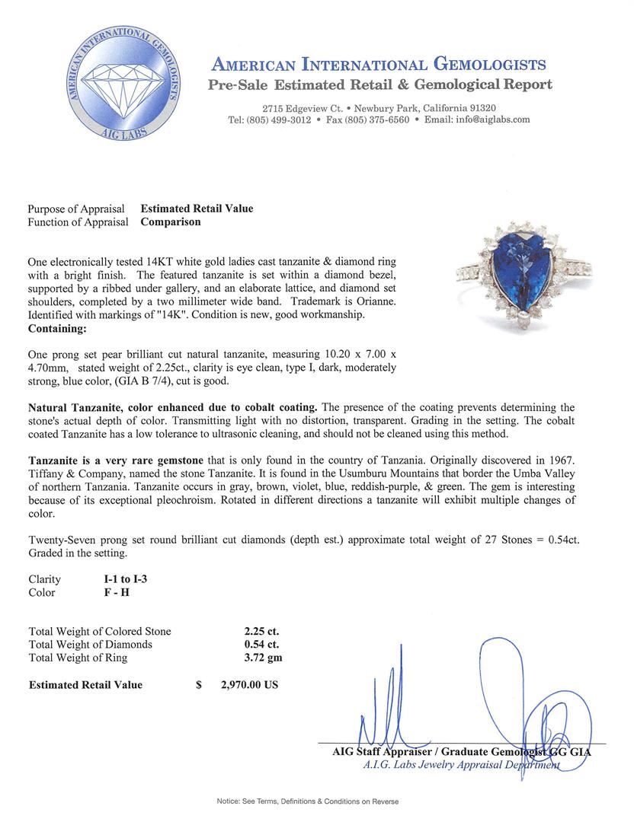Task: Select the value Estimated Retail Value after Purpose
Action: pyautogui.click(x=197, y=209)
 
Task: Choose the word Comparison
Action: pyautogui.click(x=171, y=222)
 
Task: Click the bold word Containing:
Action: pyautogui.click(x=57, y=329)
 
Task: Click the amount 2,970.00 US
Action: pyautogui.click(x=249, y=685)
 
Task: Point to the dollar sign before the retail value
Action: pyautogui.click(x=199, y=685)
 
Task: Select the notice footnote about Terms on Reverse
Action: pyautogui.click(x=307, y=801)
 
